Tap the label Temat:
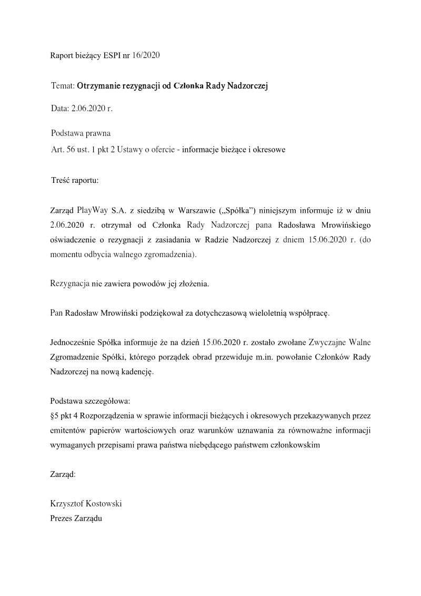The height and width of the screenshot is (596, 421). click(63, 85)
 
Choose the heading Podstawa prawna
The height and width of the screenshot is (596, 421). click(81, 133)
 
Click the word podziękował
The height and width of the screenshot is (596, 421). click(158, 313)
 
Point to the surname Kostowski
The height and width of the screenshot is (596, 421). click(102, 504)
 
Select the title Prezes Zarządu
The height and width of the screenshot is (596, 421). click(76, 519)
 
